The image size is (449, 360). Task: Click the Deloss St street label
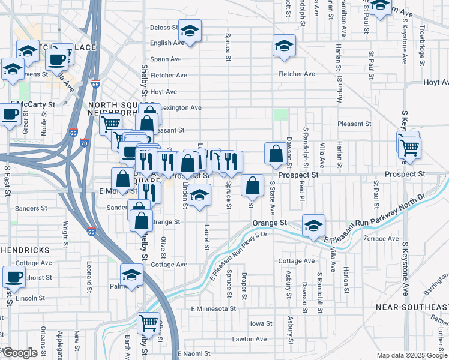point(164,28)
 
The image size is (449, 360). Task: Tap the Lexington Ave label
point(182,108)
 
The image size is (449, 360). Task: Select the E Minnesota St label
point(212,308)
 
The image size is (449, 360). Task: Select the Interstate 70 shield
point(84,143)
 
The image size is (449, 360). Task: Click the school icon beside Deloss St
point(190,31)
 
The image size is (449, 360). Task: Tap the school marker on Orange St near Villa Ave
point(313,226)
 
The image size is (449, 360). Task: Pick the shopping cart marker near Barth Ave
point(148,323)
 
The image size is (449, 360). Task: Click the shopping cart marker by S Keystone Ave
point(409,146)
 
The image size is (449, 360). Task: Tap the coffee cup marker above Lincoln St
point(14,277)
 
